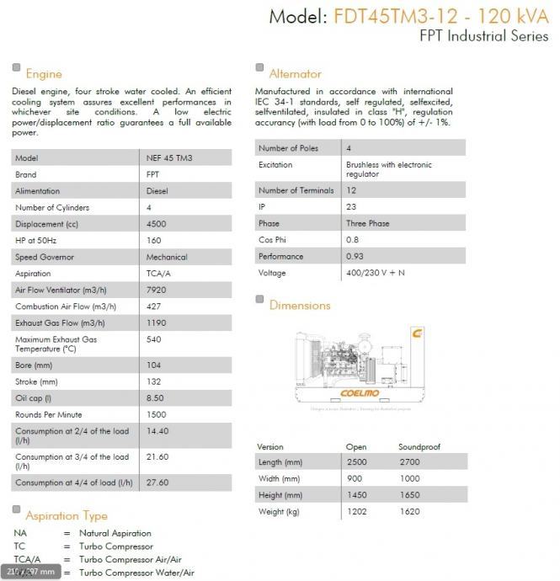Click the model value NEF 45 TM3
pyautogui.click(x=168, y=158)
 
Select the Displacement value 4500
pyautogui.click(x=157, y=224)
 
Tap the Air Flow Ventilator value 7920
pyautogui.click(x=157, y=290)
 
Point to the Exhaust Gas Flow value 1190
pyautogui.click(x=157, y=322)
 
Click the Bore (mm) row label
pyautogui.click(x=35, y=365)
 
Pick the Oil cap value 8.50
pyautogui.click(x=156, y=398)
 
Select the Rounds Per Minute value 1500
pyautogui.click(x=157, y=414)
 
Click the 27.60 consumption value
pyautogui.click(x=158, y=482)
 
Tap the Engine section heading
pyautogui.click(x=44, y=74)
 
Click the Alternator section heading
pyautogui.click(x=295, y=74)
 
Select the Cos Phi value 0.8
pyautogui.click(x=353, y=240)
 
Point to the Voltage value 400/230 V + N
pyautogui.click(x=375, y=273)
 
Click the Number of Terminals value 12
pyautogui.click(x=351, y=190)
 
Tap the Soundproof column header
pyautogui.click(x=419, y=447)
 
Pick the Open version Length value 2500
pyautogui.click(x=356, y=463)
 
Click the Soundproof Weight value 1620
pyautogui.click(x=408, y=512)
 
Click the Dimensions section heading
pyautogui.click(x=300, y=306)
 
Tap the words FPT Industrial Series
pyautogui.click(x=483, y=36)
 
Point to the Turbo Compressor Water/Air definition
pyautogui.click(x=136, y=573)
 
